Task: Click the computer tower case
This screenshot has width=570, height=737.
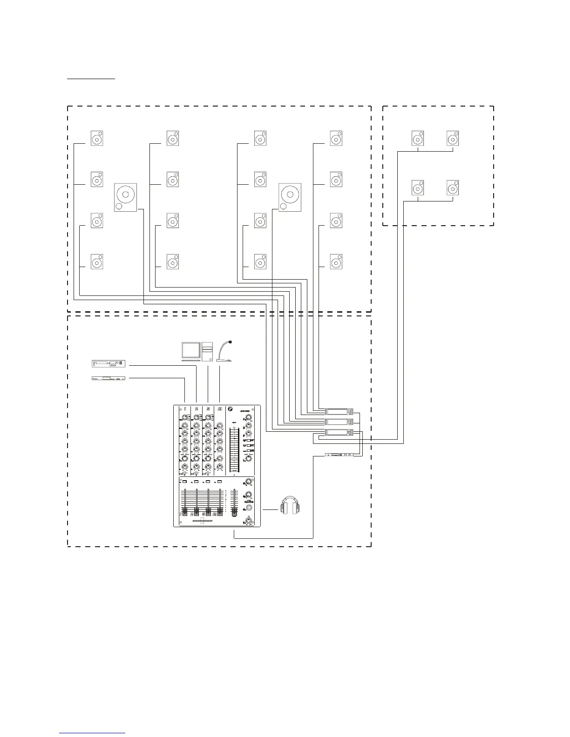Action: tap(207, 352)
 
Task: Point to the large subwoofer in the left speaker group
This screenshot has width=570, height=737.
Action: tap(125, 197)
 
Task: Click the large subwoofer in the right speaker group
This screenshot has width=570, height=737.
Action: tap(290, 197)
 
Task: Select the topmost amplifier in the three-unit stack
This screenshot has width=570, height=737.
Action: tap(339, 411)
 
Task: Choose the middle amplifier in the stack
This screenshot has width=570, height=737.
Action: tap(339, 422)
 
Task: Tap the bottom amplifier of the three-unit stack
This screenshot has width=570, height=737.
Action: tap(339, 433)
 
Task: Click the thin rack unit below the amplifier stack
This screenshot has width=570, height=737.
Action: tap(339, 455)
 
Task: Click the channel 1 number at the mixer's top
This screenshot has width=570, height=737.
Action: tap(185, 409)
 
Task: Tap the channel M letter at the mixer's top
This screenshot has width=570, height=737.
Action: tap(219, 409)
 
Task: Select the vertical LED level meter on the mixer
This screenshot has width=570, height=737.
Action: tap(234, 449)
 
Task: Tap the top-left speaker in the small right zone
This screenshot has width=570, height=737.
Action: tap(418, 138)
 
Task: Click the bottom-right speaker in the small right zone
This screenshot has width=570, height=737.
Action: tap(453, 188)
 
